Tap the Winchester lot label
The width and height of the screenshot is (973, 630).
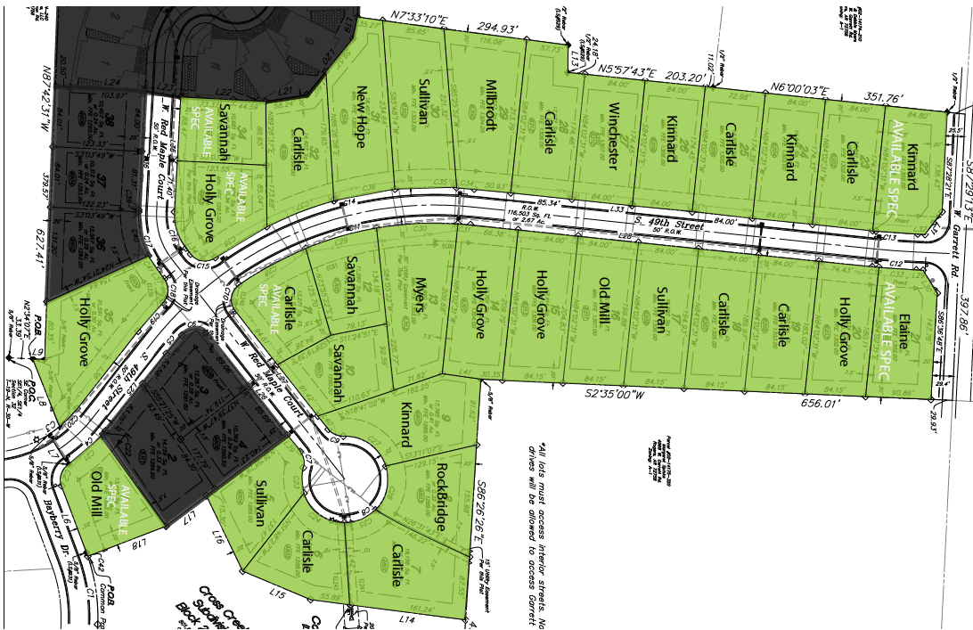613,135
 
